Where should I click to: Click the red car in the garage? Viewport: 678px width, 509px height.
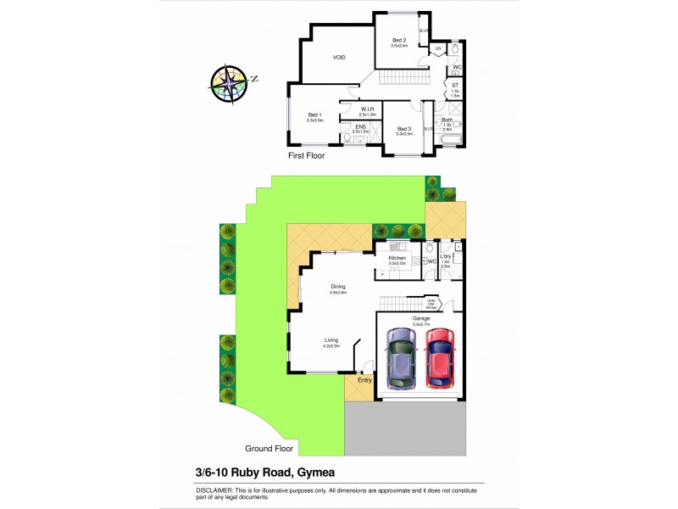point(439,357)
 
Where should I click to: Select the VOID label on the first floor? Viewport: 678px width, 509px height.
point(338,58)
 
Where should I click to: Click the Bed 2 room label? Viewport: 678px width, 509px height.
point(399,41)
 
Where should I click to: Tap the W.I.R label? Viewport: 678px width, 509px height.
point(368,109)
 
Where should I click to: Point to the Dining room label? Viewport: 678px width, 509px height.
point(338,287)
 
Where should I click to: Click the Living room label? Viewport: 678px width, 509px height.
point(331,340)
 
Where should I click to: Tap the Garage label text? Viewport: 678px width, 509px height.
point(421,318)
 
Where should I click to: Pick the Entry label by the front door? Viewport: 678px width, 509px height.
point(364,380)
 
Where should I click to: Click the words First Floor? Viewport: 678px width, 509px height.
point(306,156)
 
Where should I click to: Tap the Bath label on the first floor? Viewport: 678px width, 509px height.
point(447,120)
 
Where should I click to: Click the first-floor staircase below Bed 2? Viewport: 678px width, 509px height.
point(394,78)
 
